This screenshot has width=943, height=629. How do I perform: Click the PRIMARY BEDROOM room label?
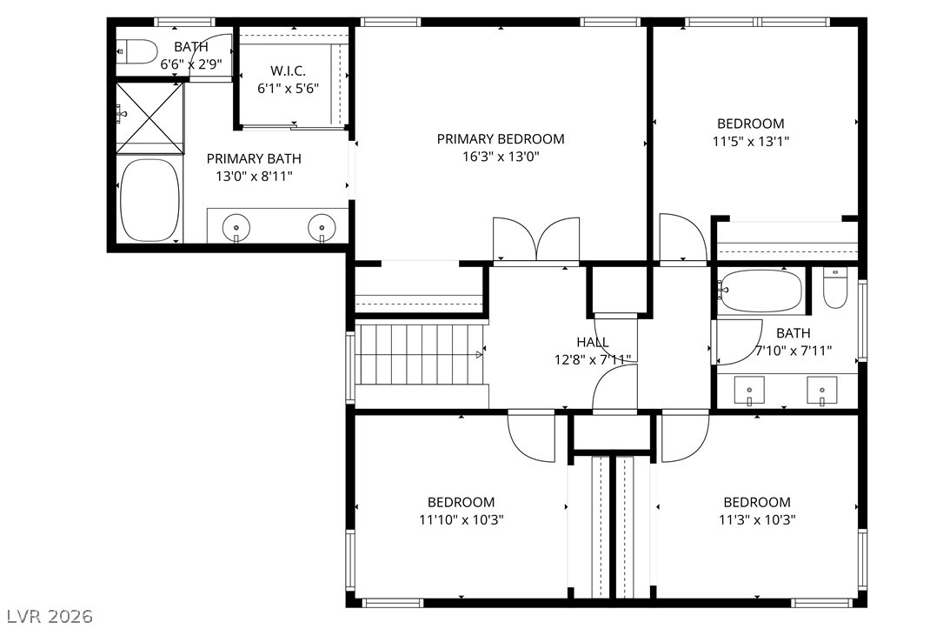tap(501, 139)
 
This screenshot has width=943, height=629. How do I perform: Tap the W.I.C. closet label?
tap(288, 71)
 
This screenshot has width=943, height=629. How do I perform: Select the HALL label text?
tap(593, 343)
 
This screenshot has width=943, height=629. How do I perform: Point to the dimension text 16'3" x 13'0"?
tap(501, 157)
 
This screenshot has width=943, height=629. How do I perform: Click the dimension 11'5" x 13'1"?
tap(751, 142)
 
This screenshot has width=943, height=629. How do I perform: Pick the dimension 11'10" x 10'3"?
tap(462, 520)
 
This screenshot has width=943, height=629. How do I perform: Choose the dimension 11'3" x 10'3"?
tap(757, 520)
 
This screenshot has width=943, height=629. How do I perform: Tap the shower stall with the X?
tap(149, 118)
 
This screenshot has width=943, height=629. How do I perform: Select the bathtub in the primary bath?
tap(149, 200)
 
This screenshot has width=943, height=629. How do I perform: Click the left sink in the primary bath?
tap(236, 228)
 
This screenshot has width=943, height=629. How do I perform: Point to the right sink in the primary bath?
tap(322, 228)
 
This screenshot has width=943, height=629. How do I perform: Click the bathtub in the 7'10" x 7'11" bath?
tap(760, 291)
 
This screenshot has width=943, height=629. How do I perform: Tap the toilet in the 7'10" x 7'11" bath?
tap(834, 288)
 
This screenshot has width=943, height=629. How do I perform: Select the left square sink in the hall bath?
tap(749, 391)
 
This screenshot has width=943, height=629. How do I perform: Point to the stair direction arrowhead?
tap(479, 355)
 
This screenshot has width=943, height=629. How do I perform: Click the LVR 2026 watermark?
tap(50, 616)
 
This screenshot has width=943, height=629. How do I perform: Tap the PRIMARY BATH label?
tap(254, 159)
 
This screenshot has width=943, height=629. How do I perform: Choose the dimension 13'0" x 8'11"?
tap(254, 177)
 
